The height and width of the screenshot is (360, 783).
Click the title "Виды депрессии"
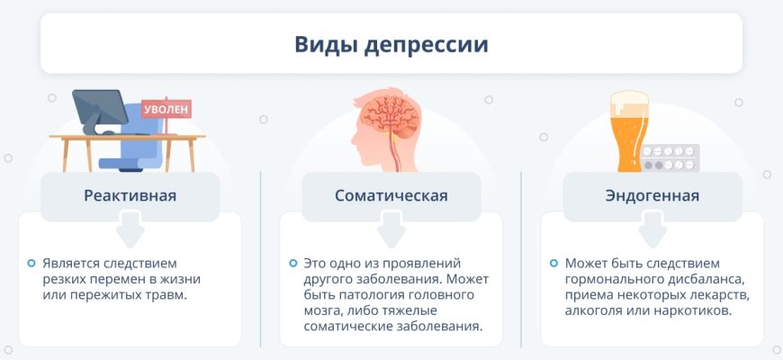point(391,44)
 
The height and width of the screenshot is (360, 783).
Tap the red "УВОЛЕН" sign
point(166,108)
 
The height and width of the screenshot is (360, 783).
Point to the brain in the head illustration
point(391,117)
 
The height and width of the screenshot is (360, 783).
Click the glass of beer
point(629,132)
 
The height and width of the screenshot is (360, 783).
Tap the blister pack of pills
point(670,157)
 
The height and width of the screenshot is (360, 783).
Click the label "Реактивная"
point(130,195)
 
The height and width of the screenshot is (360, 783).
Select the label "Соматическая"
point(391,195)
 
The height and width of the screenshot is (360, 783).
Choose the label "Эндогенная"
point(652,195)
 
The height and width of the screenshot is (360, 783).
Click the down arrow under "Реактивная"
point(130,229)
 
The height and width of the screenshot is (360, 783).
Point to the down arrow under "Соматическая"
point(391,229)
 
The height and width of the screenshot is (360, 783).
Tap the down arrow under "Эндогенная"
point(652,229)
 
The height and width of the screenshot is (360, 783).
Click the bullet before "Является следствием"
point(31,263)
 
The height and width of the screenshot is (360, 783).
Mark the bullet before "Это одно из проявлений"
point(292,263)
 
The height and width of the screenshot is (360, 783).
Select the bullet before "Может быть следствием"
point(553,263)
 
